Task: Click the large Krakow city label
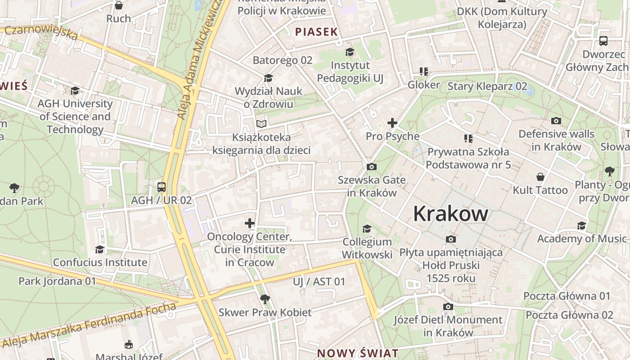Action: click(450, 213)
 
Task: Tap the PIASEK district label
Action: click(316, 31)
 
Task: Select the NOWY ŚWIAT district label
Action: click(358, 353)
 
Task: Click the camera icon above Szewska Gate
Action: click(372, 167)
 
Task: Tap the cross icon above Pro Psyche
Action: click(392, 123)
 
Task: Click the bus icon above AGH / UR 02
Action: click(161, 187)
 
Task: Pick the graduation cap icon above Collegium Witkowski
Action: click(367, 229)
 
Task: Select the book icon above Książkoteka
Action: click(261, 124)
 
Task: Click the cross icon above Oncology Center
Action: click(250, 223)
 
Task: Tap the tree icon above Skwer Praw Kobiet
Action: click(265, 299)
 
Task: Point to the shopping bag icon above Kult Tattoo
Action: click(540, 177)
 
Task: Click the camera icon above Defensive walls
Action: click(556, 121)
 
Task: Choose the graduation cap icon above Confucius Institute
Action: click(100, 249)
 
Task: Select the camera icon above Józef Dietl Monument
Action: click(448, 306)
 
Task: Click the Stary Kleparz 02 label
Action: click(487, 86)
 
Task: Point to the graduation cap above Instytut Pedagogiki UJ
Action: click(350, 52)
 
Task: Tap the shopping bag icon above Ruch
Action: click(119, 5)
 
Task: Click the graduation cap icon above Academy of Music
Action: click(582, 225)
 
